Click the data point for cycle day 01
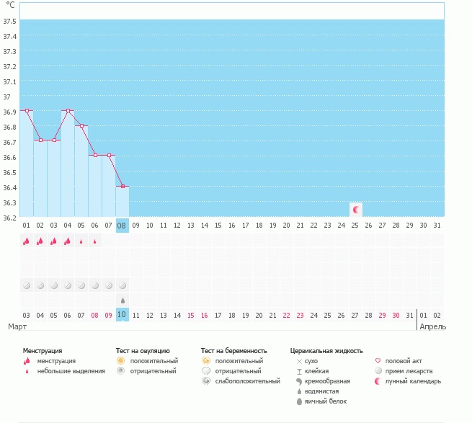point(27,110)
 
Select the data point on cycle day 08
point(123,187)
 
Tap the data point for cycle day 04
point(68,110)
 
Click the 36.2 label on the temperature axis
point(10,218)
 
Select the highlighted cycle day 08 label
point(123,226)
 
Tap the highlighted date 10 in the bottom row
point(123,315)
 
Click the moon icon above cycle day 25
point(355,210)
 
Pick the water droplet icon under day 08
point(123,300)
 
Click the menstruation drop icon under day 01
point(27,241)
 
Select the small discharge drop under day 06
point(94,241)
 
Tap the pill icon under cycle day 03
point(54,285)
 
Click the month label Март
point(17,326)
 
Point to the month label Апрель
point(432,326)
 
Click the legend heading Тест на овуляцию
point(143,350)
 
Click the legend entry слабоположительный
point(247,380)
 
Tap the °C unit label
point(10,5)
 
